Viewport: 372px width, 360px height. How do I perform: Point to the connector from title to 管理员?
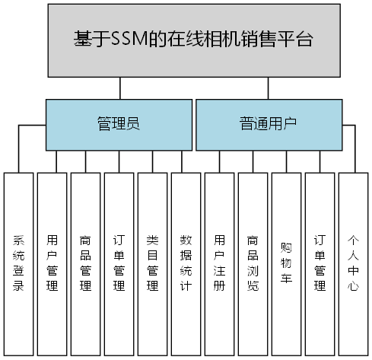coord(119,88)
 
